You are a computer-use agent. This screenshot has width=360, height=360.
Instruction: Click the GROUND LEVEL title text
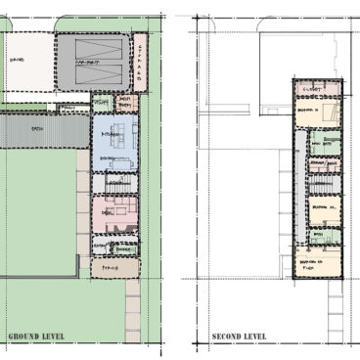[x=36, y=337]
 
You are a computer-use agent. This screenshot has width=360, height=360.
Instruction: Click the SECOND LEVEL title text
[x=239, y=337]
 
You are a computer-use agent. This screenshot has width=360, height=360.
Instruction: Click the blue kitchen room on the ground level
[x=115, y=143]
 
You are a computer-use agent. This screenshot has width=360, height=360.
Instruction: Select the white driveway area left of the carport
[x=26, y=64]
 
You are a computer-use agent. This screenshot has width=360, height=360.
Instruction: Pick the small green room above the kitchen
[x=102, y=102]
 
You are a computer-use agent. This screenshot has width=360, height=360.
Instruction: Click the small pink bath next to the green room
[x=124, y=102]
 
